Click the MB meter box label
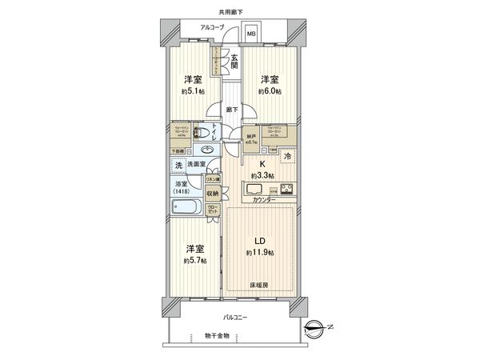(250, 34)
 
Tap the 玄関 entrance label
(235, 61)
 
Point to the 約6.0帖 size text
(269, 91)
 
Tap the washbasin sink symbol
(206, 150)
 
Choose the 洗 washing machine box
(179, 165)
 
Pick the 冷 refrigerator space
(287, 157)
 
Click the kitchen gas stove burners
(286, 190)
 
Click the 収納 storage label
(211, 194)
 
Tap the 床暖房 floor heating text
(257, 284)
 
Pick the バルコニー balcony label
(234, 318)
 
